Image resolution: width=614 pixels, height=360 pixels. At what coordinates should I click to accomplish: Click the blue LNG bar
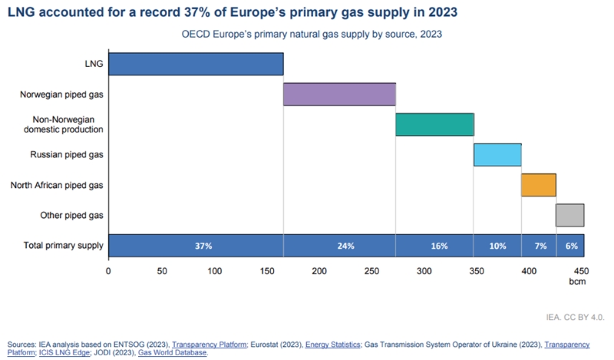196,64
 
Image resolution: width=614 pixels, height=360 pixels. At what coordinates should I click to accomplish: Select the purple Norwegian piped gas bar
339,94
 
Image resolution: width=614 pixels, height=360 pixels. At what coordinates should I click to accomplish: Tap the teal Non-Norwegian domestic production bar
434,124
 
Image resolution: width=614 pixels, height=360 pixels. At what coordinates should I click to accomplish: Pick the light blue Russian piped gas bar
497,155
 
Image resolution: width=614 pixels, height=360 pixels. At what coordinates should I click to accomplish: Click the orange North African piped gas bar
538,185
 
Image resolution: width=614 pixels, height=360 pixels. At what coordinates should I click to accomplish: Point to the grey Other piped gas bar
569,215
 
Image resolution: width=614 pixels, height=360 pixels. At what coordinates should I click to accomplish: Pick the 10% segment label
497,246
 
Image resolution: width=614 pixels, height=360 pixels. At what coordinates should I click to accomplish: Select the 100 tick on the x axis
213,271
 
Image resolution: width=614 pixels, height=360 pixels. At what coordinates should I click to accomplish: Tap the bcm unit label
576,282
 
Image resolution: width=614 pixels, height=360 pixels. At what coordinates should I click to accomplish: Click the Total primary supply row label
64,246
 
